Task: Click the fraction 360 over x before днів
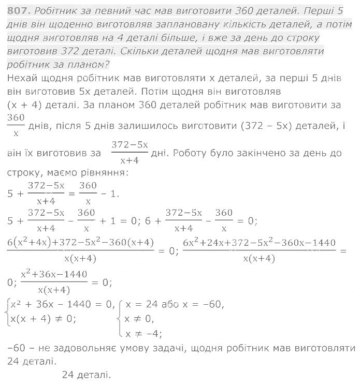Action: click(x=17, y=125)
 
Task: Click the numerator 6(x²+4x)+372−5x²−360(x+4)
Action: click(x=81, y=242)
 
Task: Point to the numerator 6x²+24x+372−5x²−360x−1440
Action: click(x=260, y=242)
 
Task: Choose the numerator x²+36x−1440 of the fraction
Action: click(x=54, y=274)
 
